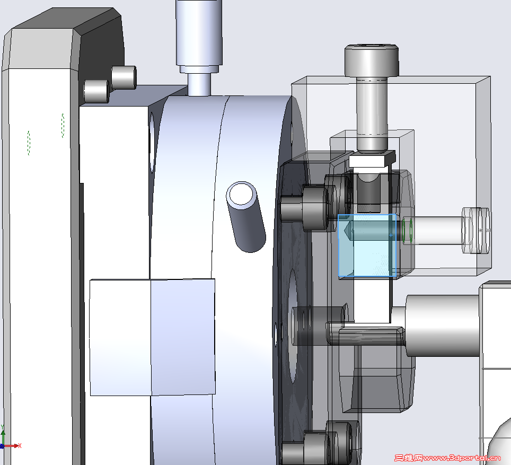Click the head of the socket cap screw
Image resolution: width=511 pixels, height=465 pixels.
click(x=372, y=60)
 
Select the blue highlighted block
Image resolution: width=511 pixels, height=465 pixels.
click(x=367, y=245)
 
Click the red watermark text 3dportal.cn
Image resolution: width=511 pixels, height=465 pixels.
click(x=447, y=458)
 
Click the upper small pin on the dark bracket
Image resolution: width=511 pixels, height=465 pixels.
click(x=124, y=77)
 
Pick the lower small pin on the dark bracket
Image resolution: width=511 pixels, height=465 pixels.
click(x=96, y=91)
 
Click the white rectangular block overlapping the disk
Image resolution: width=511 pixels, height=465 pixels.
click(x=152, y=337)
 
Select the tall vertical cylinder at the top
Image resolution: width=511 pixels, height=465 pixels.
click(x=199, y=33)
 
